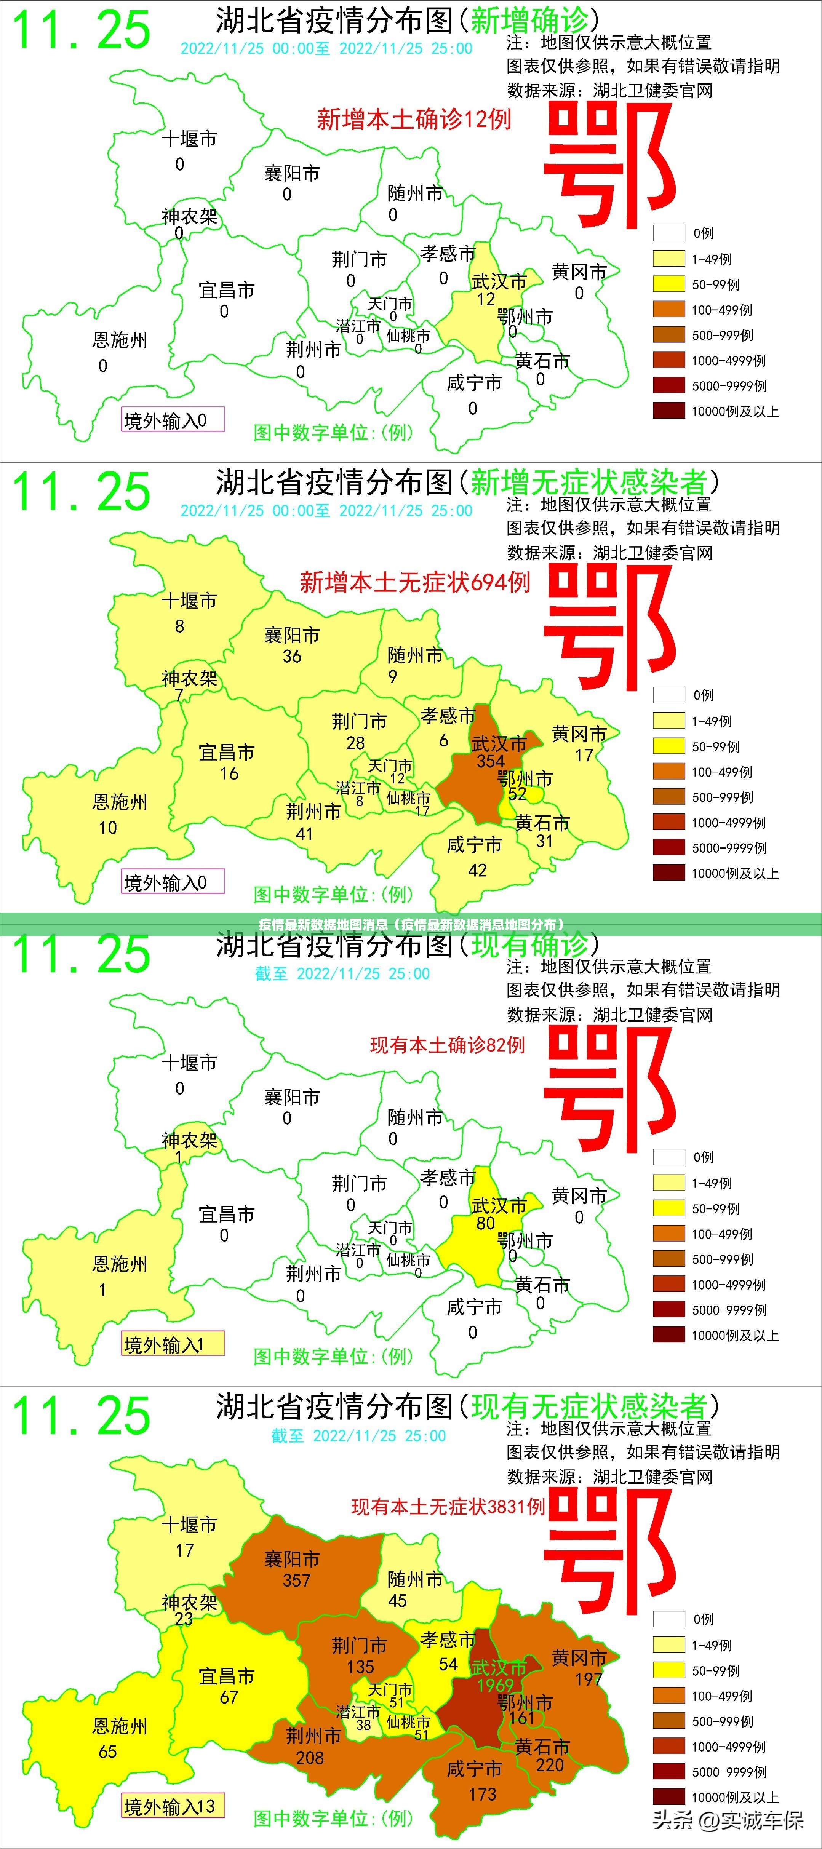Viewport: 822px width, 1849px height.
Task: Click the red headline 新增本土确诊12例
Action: (x=414, y=119)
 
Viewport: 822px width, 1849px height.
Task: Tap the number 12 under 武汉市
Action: (x=486, y=299)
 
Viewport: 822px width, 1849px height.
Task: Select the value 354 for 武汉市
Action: (x=491, y=761)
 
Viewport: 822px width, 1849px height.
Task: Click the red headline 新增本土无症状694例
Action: (x=415, y=582)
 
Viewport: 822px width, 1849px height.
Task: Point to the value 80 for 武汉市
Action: (x=486, y=1223)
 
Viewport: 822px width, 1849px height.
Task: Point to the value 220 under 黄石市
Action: (x=550, y=1765)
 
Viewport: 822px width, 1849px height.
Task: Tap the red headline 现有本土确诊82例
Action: (x=447, y=1045)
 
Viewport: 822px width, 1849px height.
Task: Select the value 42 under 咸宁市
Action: (x=477, y=871)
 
